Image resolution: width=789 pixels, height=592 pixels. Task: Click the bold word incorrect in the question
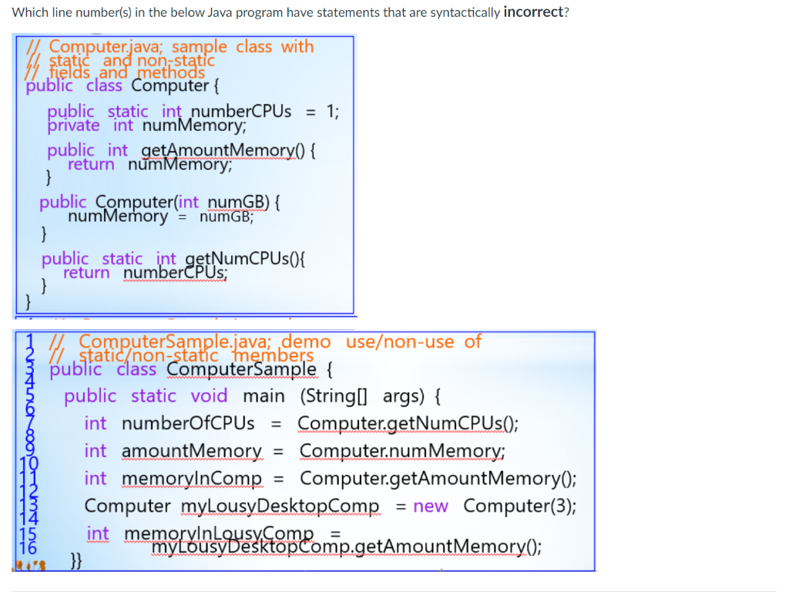(x=535, y=13)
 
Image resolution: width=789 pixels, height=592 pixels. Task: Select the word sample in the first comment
(x=200, y=47)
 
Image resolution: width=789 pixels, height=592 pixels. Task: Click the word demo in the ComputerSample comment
(x=306, y=341)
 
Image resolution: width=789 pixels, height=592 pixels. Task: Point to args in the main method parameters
(x=401, y=396)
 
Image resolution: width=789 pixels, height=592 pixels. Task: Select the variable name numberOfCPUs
(x=188, y=423)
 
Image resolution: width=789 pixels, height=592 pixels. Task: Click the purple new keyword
(x=430, y=506)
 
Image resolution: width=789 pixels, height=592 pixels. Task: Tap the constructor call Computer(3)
(x=520, y=506)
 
